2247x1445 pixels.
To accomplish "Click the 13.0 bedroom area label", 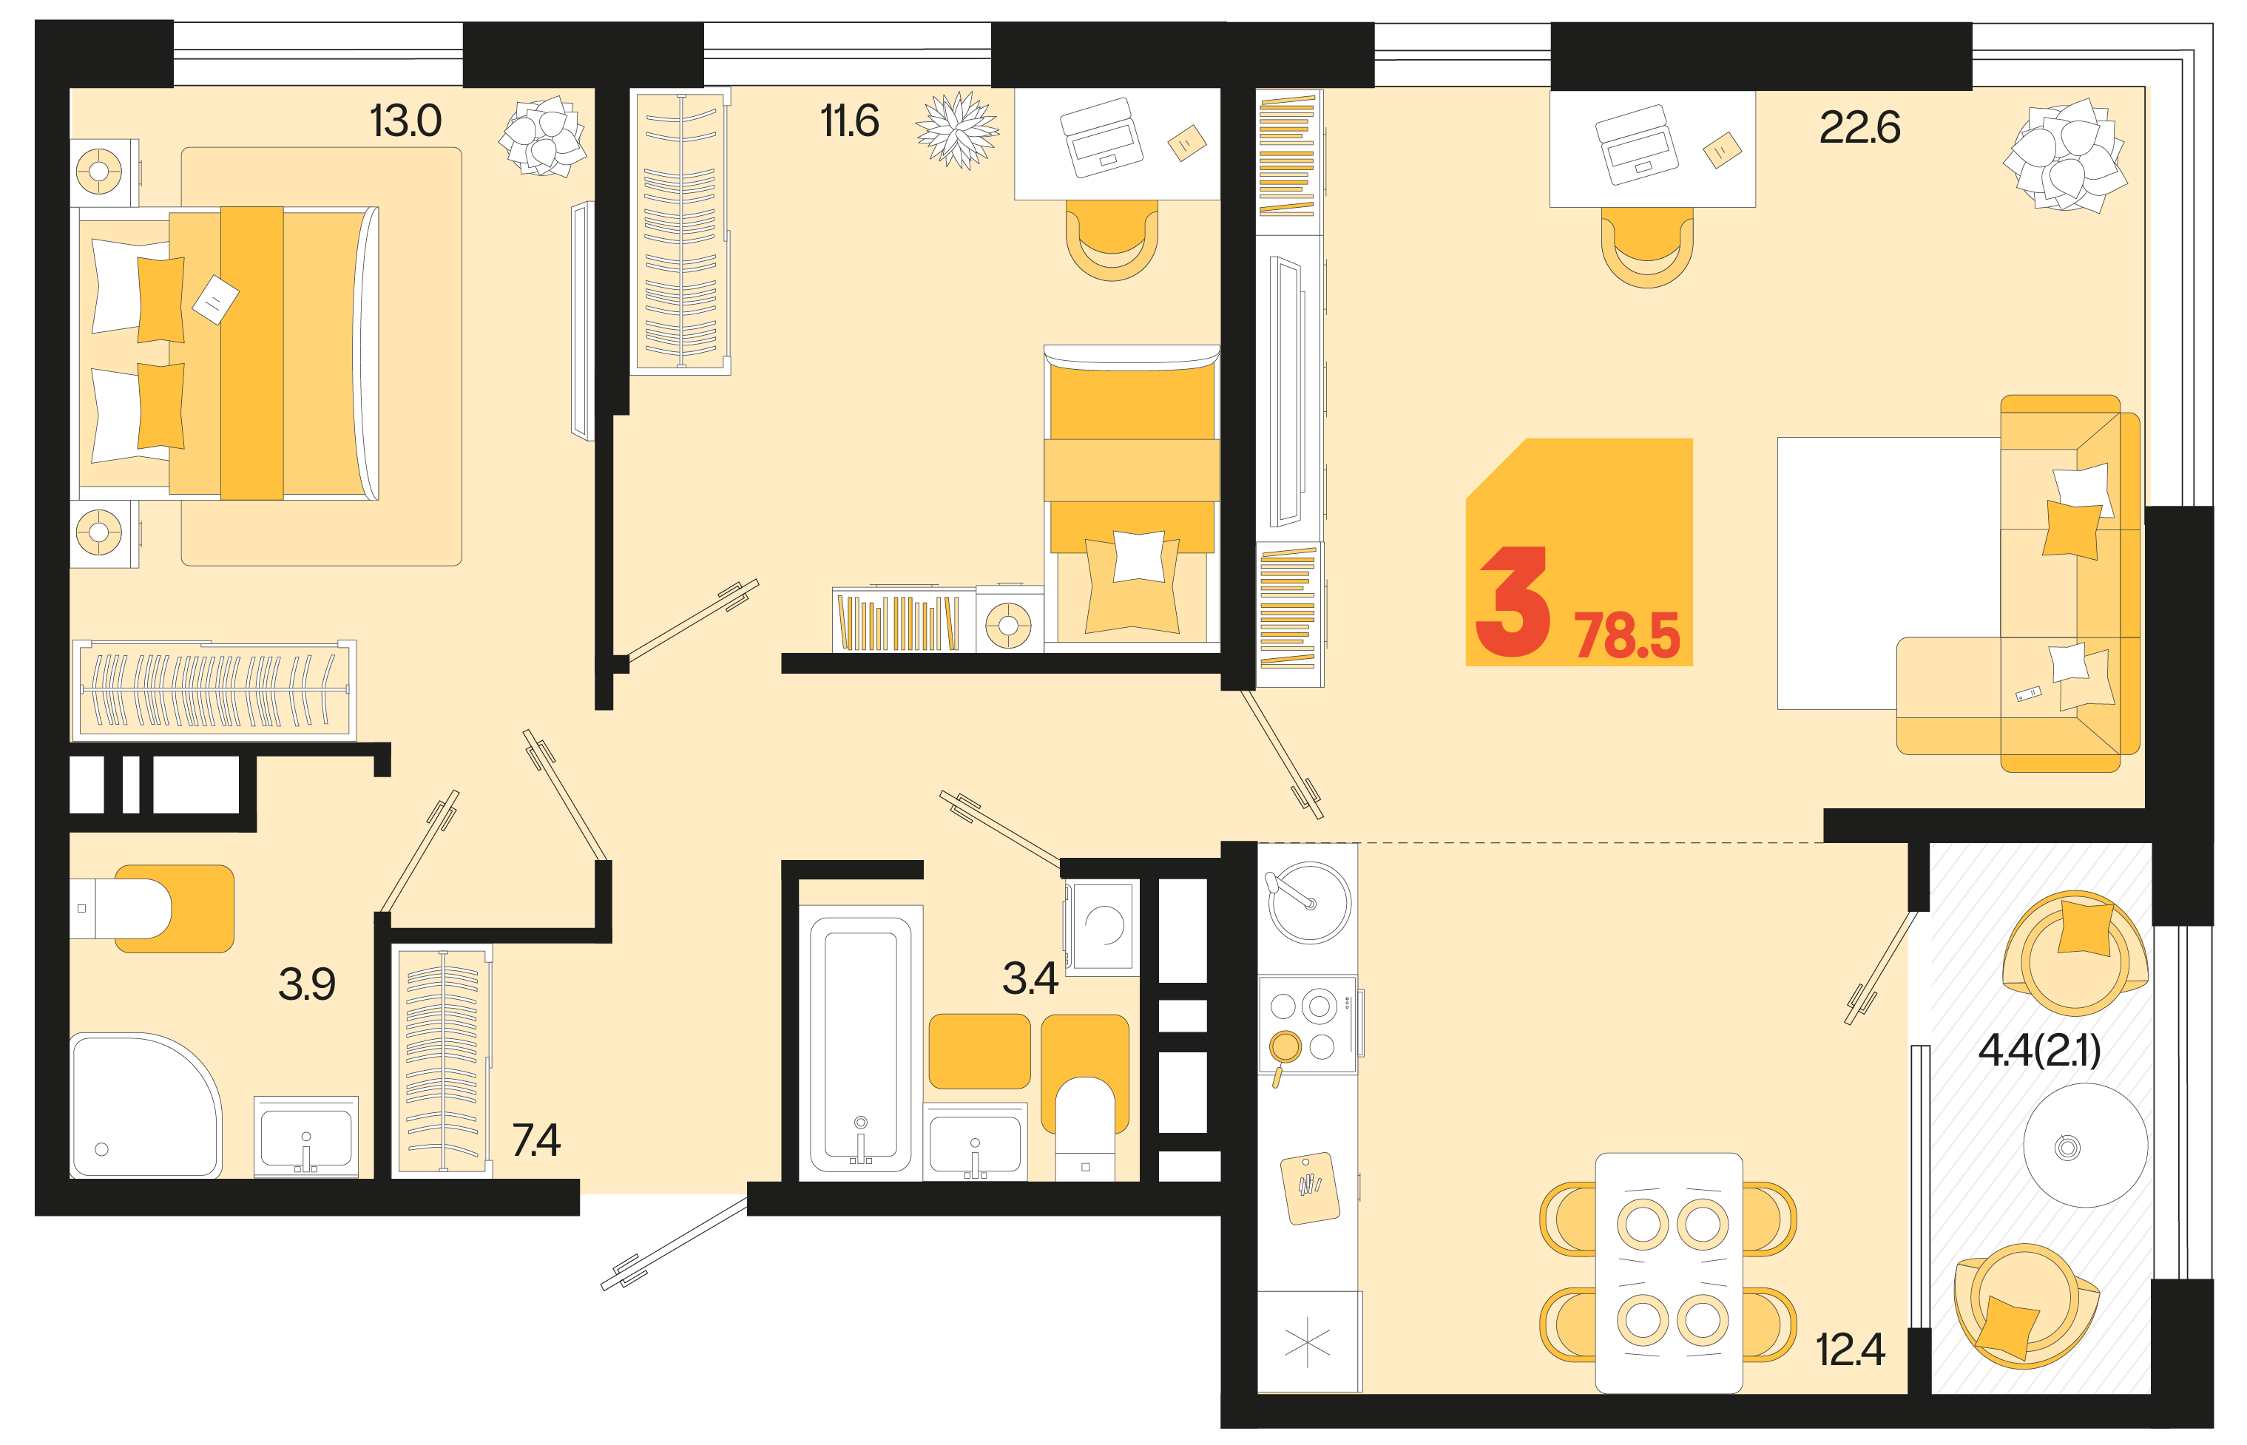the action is pyautogui.click(x=405, y=121).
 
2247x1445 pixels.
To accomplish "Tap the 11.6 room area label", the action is pyautogui.click(x=849, y=121).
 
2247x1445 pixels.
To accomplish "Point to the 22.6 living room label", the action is pyautogui.click(x=1859, y=128).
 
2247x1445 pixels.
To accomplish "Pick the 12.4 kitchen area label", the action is pyautogui.click(x=1850, y=1350).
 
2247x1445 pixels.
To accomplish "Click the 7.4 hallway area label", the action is pyautogui.click(x=535, y=1140).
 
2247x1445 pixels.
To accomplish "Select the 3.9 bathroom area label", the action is pyautogui.click(x=307, y=984).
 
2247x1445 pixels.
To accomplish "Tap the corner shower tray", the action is pyautogui.click(x=146, y=1106).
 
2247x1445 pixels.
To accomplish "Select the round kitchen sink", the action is pyautogui.click(x=1309, y=901).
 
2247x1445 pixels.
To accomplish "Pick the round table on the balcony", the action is pyautogui.click(x=2085, y=1145).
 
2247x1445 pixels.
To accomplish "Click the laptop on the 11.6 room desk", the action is pyautogui.click(x=1101, y=138).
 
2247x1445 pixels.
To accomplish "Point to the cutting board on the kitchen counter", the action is pyautogui.click(x=1310, y=1189).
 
